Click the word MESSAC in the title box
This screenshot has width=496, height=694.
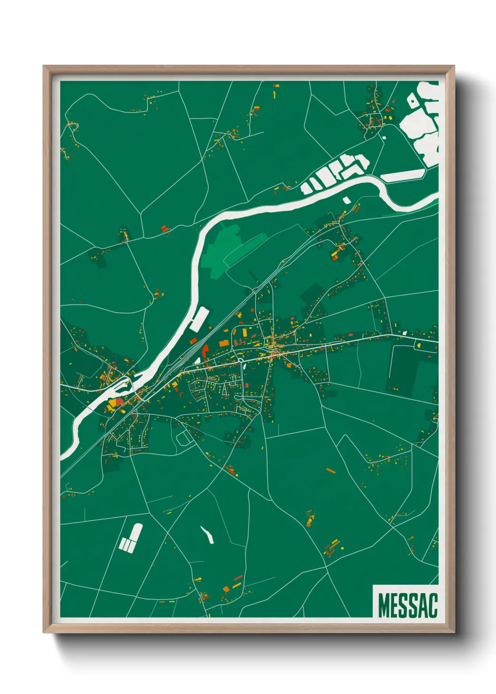click(x=407, y=605)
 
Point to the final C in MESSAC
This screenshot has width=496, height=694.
click(x=432, y=605)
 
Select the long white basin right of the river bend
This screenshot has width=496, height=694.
click(x=403, y=176)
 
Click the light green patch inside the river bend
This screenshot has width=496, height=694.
click(x=220, y=249)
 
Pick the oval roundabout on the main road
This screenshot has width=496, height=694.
click(x=240, y=360)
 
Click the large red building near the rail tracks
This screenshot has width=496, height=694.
click(x=204, y=351)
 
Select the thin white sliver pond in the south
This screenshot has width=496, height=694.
click(x=207, y=535)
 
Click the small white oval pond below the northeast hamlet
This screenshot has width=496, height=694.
click(x=384, y=138)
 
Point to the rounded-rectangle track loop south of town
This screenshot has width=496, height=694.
click(x=184, y=437)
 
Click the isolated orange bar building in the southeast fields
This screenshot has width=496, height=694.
click(x=331, y=470)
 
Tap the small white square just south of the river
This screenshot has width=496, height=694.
click(x=347, y=200)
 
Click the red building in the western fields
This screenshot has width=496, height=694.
click(x=165, y=229)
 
